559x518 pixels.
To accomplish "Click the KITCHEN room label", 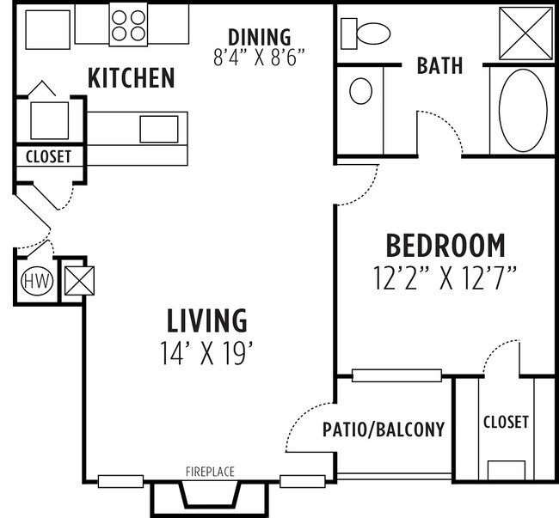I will pyautogui.click(x=132, y=79).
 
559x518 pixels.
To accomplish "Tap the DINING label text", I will pyautogui.click(x=259, y=37).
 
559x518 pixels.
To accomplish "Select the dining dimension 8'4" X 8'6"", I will pyautogui.click(x=259, y=57).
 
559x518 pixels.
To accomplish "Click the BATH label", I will pyautogui.click(x=439, y=65).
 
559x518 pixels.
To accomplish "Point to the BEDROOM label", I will pyautogui.click(x=445, y=246).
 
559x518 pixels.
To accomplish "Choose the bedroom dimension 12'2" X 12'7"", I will pyautogui.click(x=445, y=277).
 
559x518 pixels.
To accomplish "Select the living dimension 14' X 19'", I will pyautogui.click(x=206, y=352).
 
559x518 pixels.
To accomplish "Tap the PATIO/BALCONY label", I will pyautogui.click(x=384, y=430).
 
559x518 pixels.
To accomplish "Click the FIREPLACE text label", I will pyautogui.click(x=210, y=472).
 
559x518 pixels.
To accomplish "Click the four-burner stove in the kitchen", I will pyautogui.click(x=128, y=25).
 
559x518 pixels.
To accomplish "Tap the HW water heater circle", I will pyautogui.click(x=35, y=280).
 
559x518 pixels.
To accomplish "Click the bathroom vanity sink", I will pyautogui.click(x=361, y=91).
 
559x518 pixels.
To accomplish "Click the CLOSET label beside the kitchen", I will pyautogui.click(x=48, y=157).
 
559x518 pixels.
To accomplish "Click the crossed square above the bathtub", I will pyautogui.click(x=522, y=33).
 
